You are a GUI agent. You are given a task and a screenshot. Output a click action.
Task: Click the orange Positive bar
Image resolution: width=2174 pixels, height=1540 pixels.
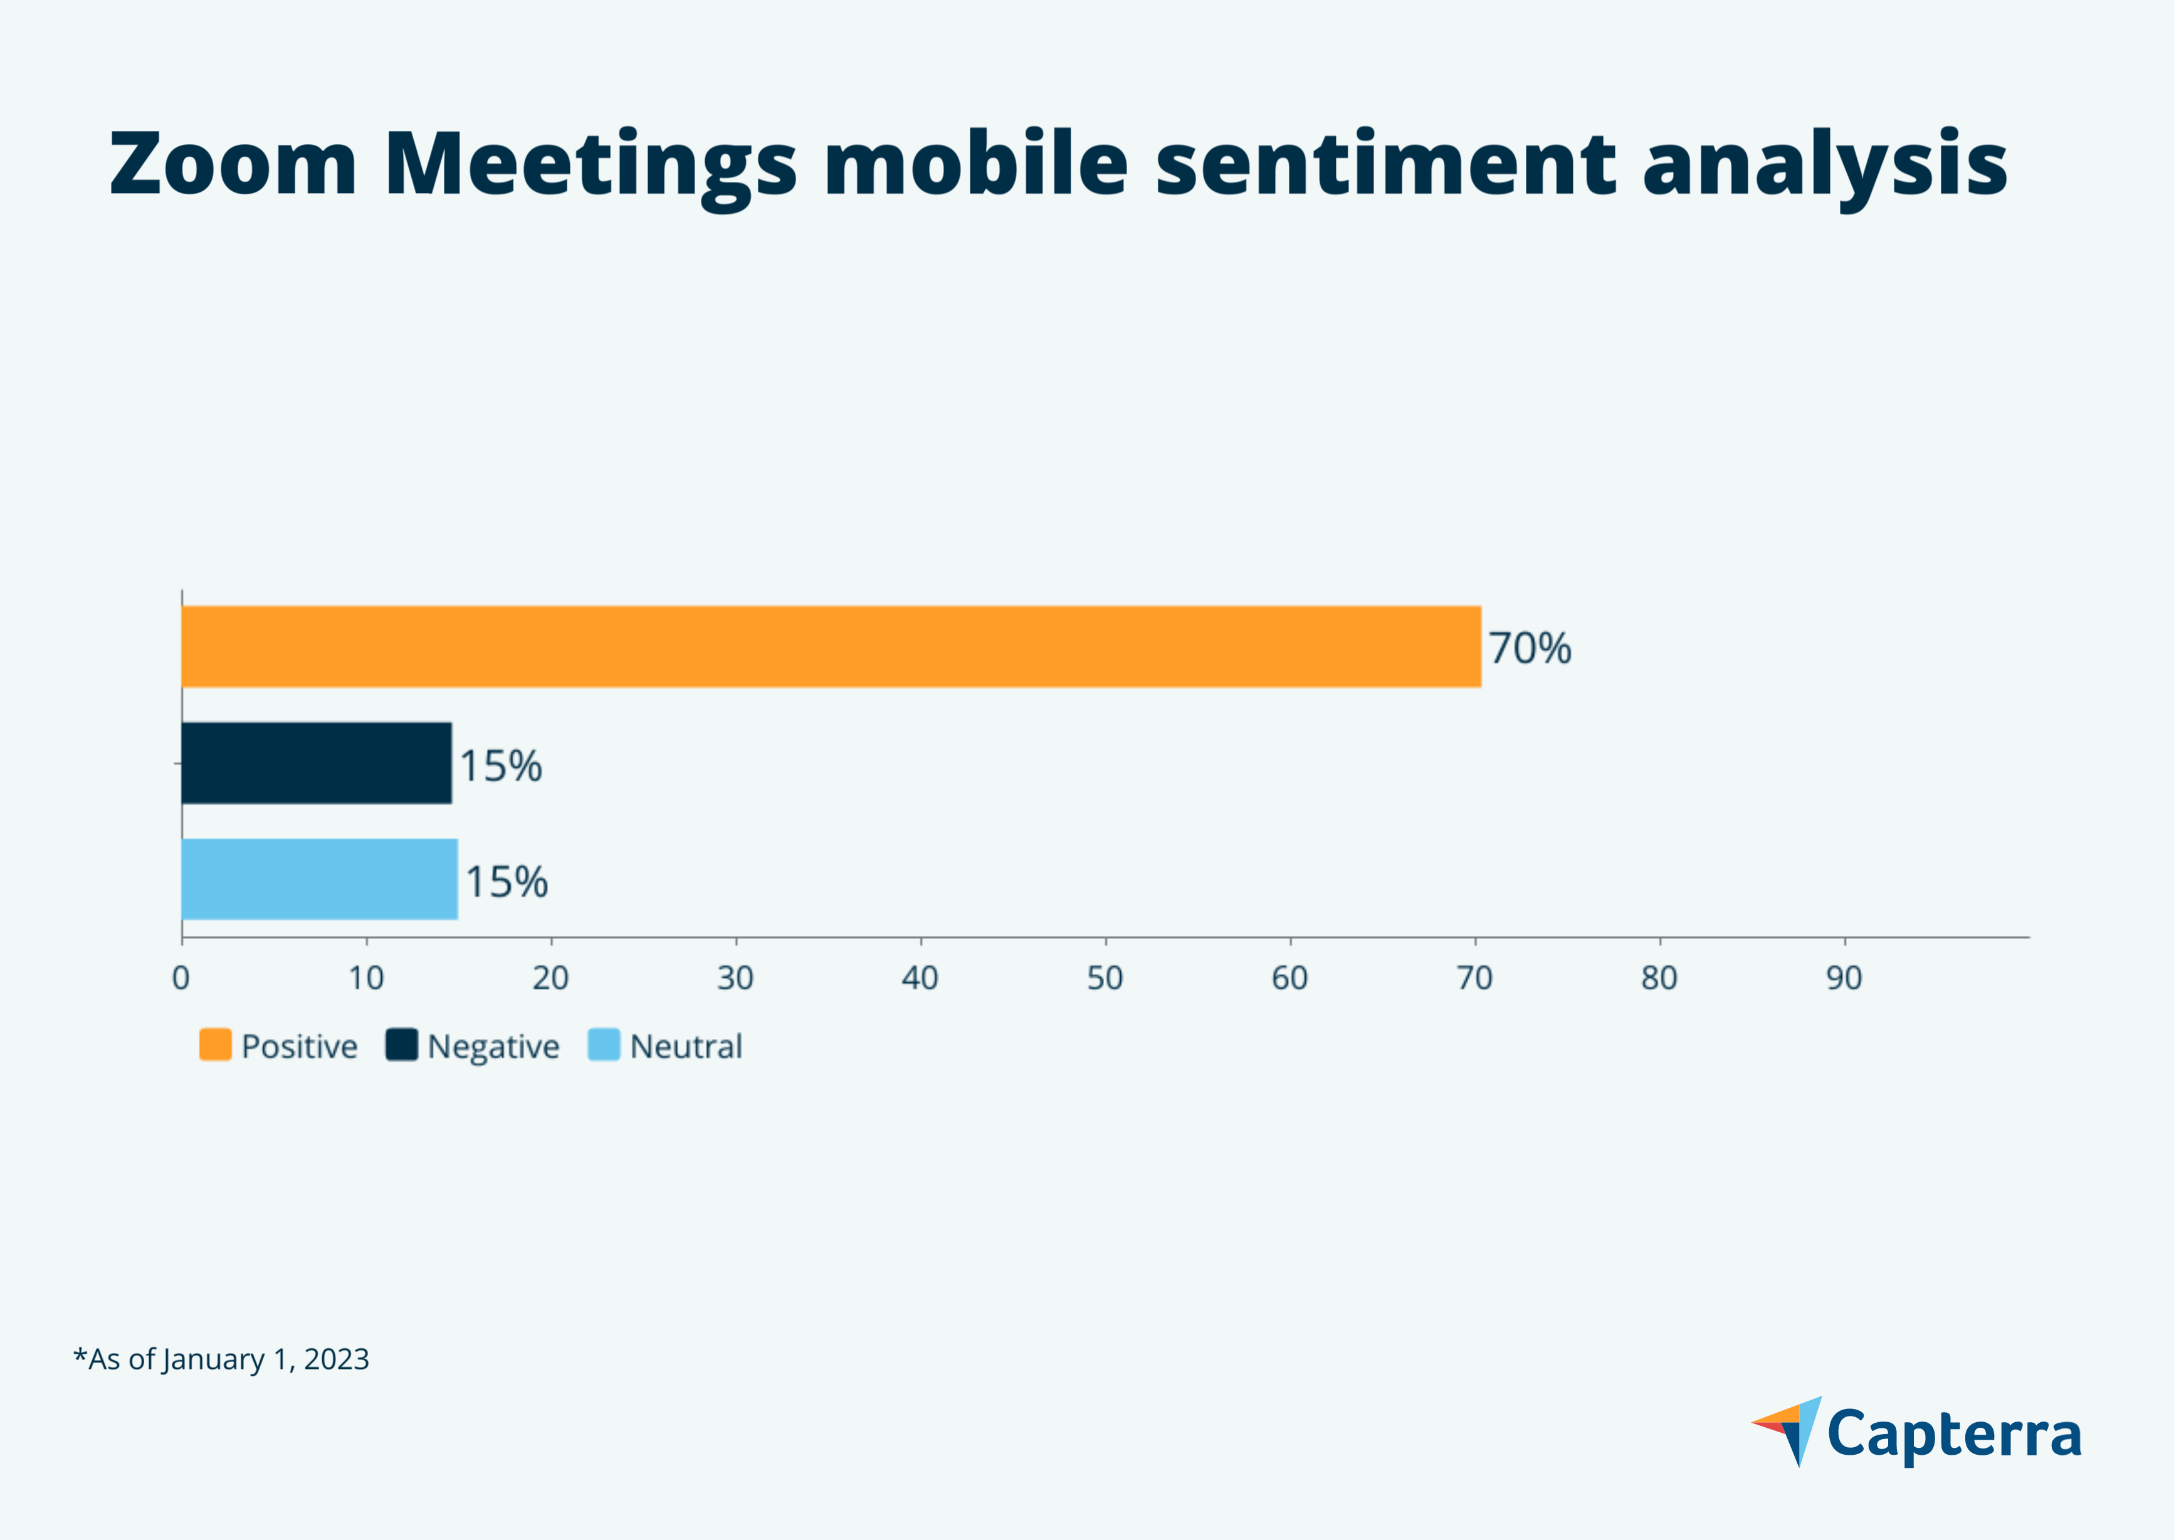pyautogui.click(x=831, y=647)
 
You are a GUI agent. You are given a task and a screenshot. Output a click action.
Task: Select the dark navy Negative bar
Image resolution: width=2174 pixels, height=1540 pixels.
pyautogui.click(x=316, y=763)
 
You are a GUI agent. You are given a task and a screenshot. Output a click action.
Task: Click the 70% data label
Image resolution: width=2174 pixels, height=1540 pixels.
pyautogui.click(x=1529, y=649)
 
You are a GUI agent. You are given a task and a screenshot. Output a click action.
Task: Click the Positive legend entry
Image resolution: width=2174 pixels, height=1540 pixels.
pyautogui.click(x=279, y=1047)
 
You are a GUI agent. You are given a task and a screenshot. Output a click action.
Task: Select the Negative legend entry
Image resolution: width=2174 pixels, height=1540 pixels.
pyautogui.click(x=473, y=1047)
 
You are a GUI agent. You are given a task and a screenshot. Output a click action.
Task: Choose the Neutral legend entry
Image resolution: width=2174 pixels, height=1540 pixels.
pyautogui.click(x=666, y=1047)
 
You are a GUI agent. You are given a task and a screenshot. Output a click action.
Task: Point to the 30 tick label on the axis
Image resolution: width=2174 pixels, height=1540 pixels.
pyautogui.click(x=735, y=978)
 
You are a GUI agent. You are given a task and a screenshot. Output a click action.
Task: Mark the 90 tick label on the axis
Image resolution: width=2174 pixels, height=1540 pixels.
pyautogui.click(x=1844, y=978)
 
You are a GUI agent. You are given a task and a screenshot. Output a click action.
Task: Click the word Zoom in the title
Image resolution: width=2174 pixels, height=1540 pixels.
pyautogui.click(x=233, y=164)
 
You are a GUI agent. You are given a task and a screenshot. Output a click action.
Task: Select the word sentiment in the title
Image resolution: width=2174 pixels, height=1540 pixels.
pyautogui.click(x=1385, y=164)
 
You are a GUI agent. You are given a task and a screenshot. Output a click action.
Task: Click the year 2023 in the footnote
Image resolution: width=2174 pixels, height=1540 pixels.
pyautogui.click(x=337, y=1359)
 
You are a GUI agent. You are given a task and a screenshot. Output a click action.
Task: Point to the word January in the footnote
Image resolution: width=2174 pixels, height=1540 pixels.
pyautogui.click(x=213, y=1359)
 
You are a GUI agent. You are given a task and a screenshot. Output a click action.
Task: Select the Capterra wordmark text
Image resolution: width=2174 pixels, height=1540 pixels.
pyautogui.click(x=1954, y=1434)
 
